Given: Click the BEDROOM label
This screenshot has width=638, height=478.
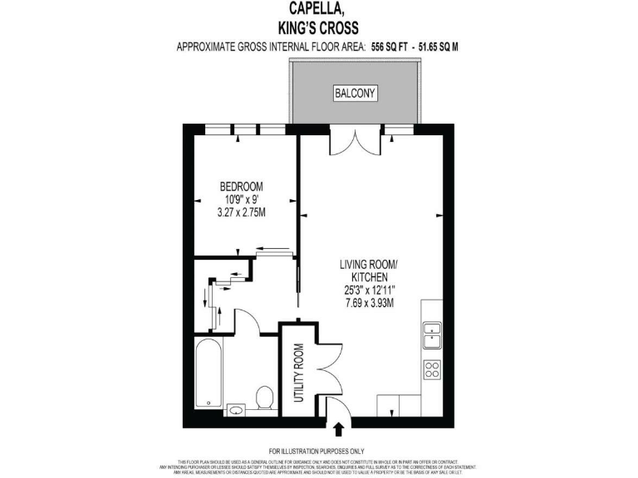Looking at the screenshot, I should (242, 186).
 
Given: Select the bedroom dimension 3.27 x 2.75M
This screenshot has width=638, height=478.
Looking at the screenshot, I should (242, 213).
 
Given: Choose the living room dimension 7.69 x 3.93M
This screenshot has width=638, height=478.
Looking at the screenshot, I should (369, 302).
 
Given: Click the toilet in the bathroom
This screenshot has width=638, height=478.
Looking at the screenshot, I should (265, 398).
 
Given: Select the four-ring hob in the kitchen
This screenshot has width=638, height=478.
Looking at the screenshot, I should (432, 369).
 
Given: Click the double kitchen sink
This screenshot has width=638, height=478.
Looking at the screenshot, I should (432, 334).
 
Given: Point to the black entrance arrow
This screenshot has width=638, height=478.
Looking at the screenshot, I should (340, 430).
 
